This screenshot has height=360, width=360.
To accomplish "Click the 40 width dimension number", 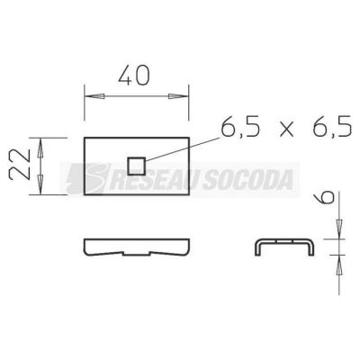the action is pos(133,75).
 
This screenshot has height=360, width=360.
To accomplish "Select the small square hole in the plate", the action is pos(137,166).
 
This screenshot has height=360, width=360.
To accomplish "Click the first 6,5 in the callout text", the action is pos(240,126).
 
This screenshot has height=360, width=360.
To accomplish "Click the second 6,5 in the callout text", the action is pos(332,126).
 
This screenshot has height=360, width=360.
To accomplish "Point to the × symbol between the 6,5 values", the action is pos(286,130).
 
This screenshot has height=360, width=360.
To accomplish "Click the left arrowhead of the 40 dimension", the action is pos(94,96).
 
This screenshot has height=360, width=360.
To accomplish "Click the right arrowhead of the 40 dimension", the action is pos(178,96).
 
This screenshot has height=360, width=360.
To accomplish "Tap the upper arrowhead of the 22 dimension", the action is pos(40,148).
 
